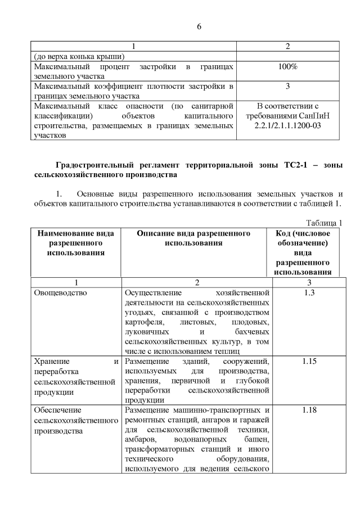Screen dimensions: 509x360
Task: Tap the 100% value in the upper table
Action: (288, 67)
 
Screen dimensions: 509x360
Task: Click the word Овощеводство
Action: (60, 293)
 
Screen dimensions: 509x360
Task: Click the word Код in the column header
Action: (283, 233)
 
